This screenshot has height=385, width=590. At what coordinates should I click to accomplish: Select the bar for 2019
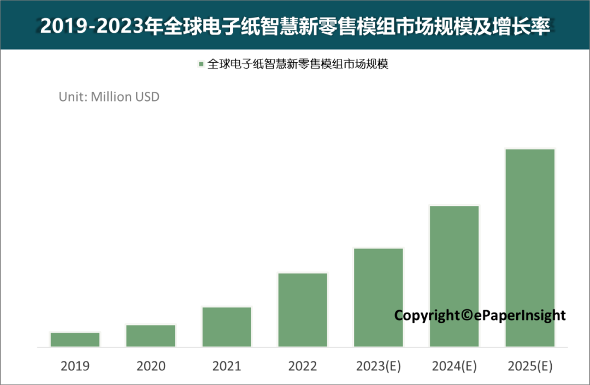75,340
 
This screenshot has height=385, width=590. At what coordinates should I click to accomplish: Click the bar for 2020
151,336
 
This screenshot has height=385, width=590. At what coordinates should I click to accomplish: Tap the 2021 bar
227,327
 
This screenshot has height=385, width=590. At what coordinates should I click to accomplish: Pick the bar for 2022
303,310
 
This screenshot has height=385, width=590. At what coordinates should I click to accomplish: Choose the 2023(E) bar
379,297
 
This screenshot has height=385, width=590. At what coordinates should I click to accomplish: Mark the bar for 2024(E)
455,276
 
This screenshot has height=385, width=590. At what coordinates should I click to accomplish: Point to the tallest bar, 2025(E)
530,247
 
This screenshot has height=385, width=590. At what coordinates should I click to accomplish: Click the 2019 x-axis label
75,366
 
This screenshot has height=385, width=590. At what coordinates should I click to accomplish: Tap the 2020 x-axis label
151,366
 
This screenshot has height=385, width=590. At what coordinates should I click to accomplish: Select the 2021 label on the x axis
227,366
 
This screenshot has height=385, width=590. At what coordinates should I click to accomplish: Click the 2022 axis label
303,366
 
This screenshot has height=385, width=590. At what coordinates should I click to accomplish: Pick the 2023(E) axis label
379,366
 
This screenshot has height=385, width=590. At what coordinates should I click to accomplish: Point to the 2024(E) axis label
455,366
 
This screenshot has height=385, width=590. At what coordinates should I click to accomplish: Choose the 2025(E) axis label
530,366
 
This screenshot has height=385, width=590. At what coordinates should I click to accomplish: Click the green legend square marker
201,64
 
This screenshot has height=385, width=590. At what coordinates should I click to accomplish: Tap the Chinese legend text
298,64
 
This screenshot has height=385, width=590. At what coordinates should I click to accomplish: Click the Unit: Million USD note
109,97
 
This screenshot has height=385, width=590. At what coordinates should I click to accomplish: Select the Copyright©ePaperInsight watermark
480,315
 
